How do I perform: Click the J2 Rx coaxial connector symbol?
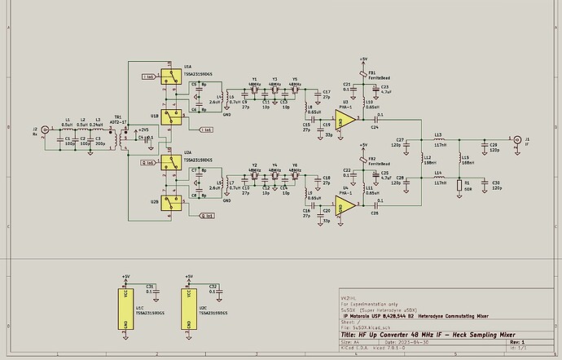coord(45,130)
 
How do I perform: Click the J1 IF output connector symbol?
coord(516,138)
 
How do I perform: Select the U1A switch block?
coord(169,78)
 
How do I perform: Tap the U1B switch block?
coord(169,119)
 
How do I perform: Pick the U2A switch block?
coord(169,164)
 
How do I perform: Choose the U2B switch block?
coord(169,204)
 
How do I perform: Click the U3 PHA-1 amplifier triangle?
coord(346,120)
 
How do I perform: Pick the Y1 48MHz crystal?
coord(255,89)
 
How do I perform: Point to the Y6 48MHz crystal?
coord(294,176)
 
